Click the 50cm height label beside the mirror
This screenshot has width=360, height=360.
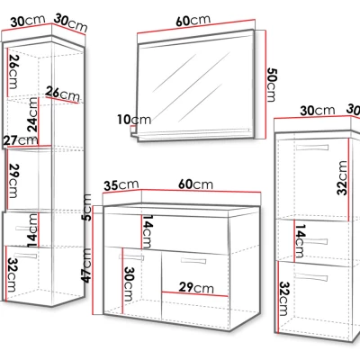pyautogui.click(x=272, y=85)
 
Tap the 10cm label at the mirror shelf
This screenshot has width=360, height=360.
pyautogui.click(x=134, y=120)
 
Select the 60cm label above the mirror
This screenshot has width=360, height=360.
pyautogui.click(x=193, y=21)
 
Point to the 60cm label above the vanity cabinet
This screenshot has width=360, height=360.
pyautogui.click(x=195, y=184)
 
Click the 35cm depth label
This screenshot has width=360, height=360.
pyautogui.click(x=121, y=185)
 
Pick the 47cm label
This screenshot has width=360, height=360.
pyautogui.click(x=87, y=265)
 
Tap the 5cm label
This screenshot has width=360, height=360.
pyautogui.click(x=87, y=208)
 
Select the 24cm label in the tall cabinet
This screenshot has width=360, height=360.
pyautogui.click(x=32, y=115)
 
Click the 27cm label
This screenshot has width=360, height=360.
pyautogui.click(x=21, y=140)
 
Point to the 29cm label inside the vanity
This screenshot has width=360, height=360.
pyautogui.click(x=196, y=288)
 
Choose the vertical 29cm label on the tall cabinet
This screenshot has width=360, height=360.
pyautogui.click(x=13, y=181)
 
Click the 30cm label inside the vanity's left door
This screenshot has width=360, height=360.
pyautogui.click(x=129, y=284)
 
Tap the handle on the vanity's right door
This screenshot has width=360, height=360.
pyautogui.click(x=193, y=261)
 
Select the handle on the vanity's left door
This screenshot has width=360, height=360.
pyautogui.click(x=131, y=257)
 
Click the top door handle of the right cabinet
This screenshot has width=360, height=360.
pyautogui.click(x=312, y=148)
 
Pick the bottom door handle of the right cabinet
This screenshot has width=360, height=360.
pyautogui.click(x=311, y=277)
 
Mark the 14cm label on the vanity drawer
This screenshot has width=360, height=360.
pyautogui.click(x=147, y=231)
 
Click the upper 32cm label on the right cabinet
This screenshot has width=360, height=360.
pyautogui.click(x=342, y=178)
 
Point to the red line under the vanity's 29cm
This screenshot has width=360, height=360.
pyautogui.click(x=195, y=294)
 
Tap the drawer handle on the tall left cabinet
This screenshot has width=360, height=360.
pyautogui.click(x=27, y=229)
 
